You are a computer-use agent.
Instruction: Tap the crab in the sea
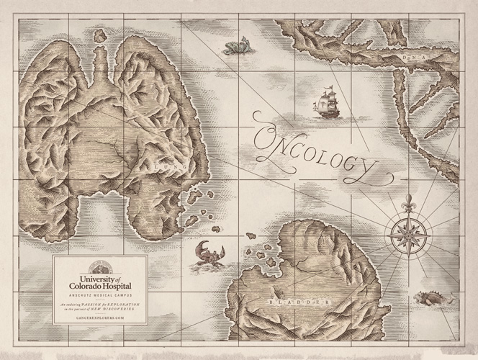coord(209,253)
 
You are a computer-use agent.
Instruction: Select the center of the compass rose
coord(409,234)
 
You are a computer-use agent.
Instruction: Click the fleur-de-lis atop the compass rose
coord(409,201)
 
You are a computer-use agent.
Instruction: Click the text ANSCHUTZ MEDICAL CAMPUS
coord(100,295)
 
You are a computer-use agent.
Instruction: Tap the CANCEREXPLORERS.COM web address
coord(100,317)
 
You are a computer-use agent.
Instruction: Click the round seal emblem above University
coord(100,264)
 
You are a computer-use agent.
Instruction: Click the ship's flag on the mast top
coord(330,88)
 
